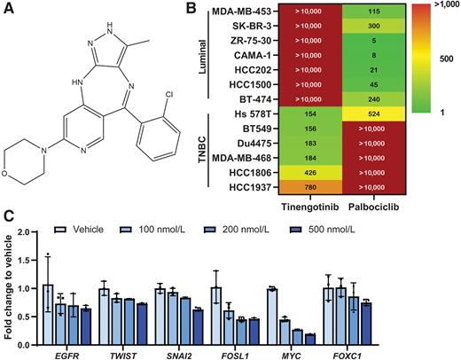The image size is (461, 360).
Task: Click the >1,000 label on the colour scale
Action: click(x=444, y=11)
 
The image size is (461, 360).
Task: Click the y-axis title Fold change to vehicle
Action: click(x=8, y=293)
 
